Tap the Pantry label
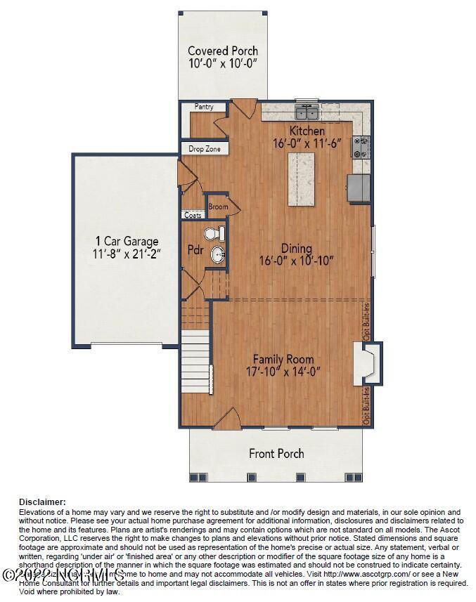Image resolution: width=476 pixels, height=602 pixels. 205,107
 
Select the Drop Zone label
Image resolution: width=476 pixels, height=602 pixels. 204,150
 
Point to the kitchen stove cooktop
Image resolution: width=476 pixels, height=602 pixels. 361,147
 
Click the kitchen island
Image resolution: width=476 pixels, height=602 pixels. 302,178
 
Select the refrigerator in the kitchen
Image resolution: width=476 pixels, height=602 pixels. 359,188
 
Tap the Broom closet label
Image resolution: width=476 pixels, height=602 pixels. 218,207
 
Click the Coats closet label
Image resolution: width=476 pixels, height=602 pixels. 192,215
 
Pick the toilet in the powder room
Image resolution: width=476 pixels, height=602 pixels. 214,234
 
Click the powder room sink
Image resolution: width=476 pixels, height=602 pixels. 218,255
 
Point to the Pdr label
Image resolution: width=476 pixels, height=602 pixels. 195,249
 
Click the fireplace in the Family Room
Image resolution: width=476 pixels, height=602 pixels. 366,364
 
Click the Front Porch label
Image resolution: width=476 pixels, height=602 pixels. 276,453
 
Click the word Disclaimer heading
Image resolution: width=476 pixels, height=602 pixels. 42,502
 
